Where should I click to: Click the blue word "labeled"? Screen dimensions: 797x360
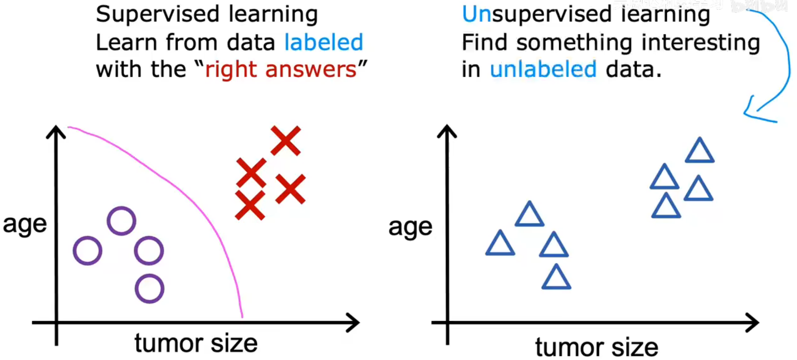pos(323,42)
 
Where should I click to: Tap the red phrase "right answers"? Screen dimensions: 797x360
pos(281,70)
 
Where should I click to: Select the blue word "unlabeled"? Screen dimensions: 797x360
pos(543,70)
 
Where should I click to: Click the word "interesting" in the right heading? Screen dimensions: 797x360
pos(701,42)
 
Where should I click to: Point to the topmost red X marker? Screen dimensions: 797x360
pos(286,140)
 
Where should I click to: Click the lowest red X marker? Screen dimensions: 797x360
pos(250,205)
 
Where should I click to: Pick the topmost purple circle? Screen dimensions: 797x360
pos(121,221)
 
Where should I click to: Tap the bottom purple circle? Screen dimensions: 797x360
pos(149,289)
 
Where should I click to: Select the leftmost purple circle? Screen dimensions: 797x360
pos(87,251)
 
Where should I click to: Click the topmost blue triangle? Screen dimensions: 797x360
pos(700,152)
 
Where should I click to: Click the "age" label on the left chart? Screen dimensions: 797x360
pos(25,224)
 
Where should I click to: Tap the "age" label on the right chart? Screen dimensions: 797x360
pos(410,227)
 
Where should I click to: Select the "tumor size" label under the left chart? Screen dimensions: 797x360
pos(196,343)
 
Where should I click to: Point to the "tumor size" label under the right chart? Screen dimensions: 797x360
pos(596,347)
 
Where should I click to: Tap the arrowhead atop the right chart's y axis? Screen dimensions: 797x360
pos(447,131)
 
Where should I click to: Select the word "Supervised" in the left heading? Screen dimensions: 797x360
pos(158,15)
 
